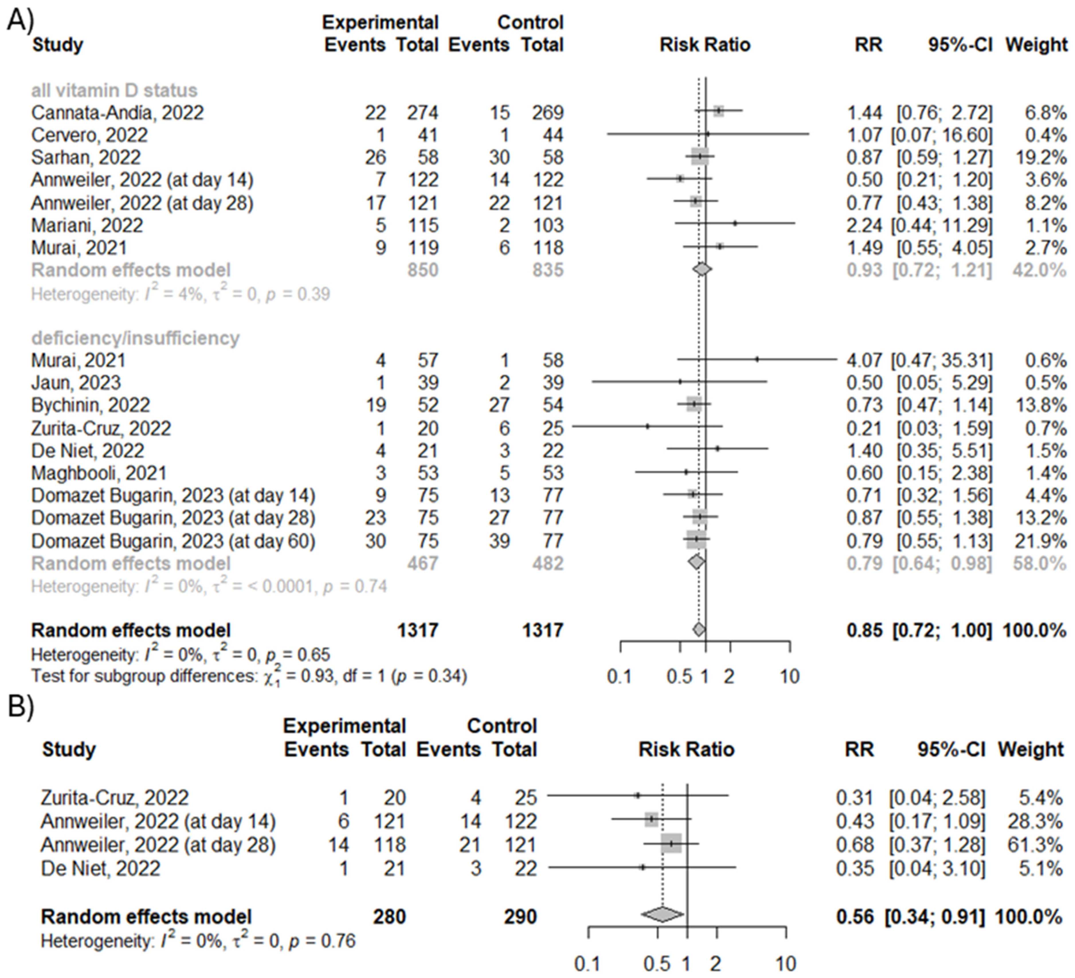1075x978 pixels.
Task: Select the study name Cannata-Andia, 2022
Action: (x=117, y=113)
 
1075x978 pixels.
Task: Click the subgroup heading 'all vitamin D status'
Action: (x=114, y=90)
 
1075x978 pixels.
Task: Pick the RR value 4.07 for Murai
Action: (x=864, y=360)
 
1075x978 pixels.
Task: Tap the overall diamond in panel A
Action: (x=699, y=630)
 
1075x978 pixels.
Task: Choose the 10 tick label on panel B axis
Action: (x=786, y=964)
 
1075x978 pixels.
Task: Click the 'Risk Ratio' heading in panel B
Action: (x=686, y=749)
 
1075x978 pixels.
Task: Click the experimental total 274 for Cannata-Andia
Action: (x=423, y=113)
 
